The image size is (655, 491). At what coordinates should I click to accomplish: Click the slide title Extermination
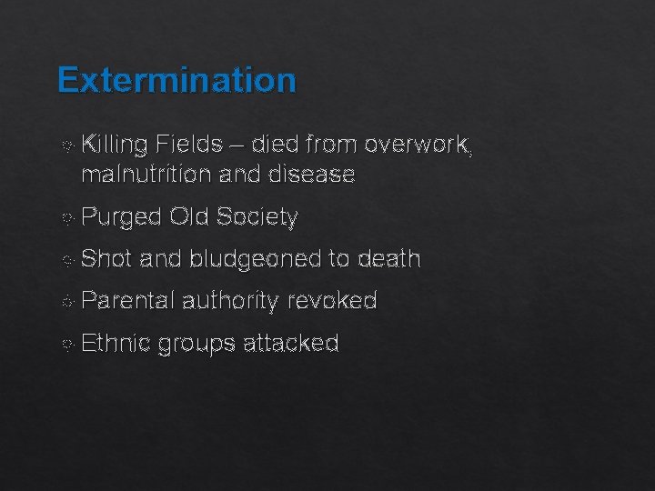(x=176, y=80)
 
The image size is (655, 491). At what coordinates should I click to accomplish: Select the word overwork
(x=419, y=144)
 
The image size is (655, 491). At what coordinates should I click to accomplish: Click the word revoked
(x=332, y=301)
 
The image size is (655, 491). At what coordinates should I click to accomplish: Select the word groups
(x=193, y=344)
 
